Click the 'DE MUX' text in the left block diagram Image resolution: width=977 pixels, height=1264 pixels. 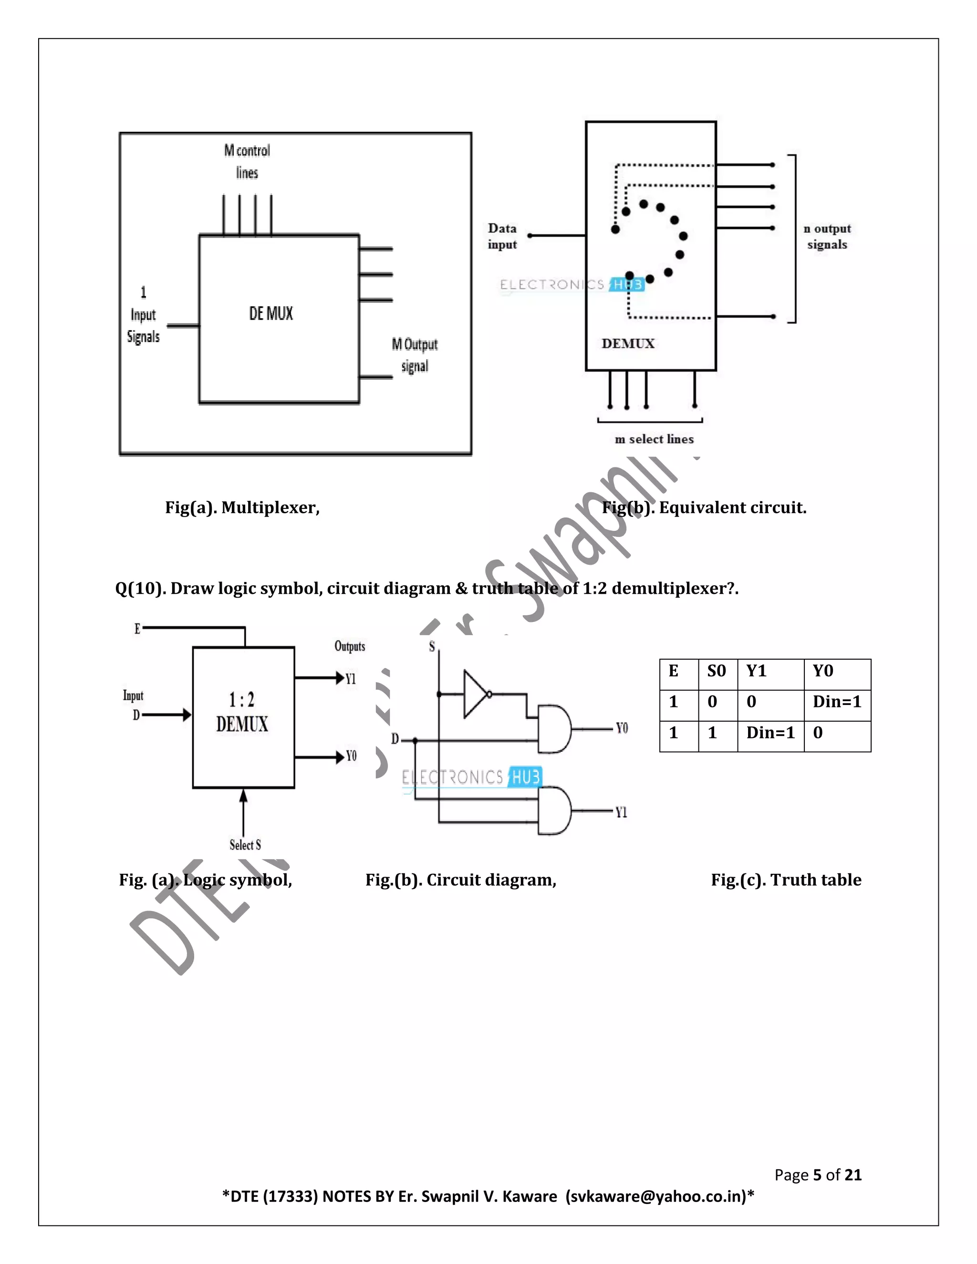click(271, 314)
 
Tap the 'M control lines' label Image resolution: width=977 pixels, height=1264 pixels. click(247, 162)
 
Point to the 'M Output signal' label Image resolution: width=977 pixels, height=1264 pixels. click(415, 355)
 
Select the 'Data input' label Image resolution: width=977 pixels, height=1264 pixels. click(502, 236)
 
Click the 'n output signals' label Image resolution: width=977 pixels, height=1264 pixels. click(827, 236)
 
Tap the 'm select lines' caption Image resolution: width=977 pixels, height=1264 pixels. click(654, 439)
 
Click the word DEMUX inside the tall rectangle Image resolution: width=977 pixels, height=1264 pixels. click(628, 344)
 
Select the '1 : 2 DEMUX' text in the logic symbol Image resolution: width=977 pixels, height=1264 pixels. click(242, 712)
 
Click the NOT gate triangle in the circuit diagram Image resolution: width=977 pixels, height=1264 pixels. click(476, 694)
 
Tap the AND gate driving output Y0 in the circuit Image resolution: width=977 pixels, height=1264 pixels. click(553, 729)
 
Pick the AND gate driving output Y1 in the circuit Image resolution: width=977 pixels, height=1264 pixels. click(553, 810)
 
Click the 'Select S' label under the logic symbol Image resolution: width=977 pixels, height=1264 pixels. click(245, 845)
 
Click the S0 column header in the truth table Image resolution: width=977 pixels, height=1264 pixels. click(717, 672)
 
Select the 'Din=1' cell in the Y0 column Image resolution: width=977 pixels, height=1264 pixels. click(836, 702)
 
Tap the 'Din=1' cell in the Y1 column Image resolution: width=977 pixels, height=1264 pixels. click(770, 733)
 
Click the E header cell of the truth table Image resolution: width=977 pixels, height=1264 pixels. click(673, 672)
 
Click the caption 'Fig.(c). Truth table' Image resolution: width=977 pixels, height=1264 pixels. click(786, 880)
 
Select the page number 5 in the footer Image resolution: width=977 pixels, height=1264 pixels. click(817, 1175)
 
